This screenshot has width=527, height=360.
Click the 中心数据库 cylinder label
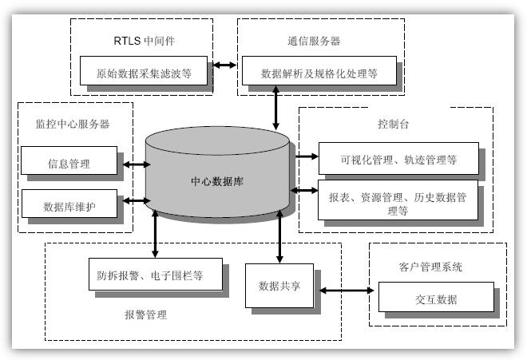[217, 181]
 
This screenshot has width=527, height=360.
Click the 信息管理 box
[70, 164]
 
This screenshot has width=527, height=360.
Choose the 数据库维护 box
[70, 206]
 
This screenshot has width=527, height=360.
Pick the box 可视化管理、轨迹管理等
[398, 159]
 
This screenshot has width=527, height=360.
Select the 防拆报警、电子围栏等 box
[145, 275]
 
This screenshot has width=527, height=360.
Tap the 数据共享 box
[279, 286]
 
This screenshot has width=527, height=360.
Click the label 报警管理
[145, 315]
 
